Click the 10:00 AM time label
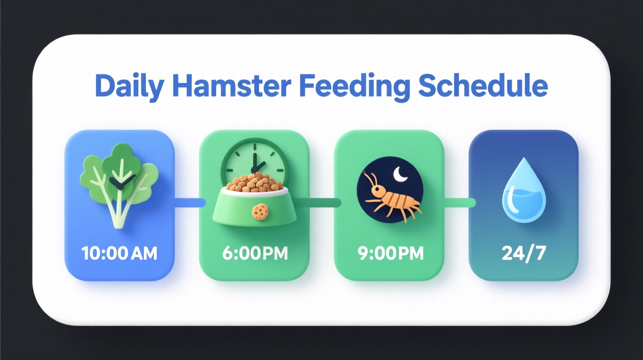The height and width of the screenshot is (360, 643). tap(119, 254)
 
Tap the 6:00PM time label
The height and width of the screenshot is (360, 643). tap(255, 254)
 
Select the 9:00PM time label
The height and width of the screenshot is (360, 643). tap(390, 254)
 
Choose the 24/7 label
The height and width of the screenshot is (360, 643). tap(524, 254)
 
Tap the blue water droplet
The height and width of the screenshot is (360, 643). tap(524, 191)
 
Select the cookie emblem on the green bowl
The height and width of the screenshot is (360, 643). tap(260, 211)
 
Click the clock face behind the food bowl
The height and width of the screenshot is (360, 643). tap(254, 159)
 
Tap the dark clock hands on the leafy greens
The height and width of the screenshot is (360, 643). tap(120, 182)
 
